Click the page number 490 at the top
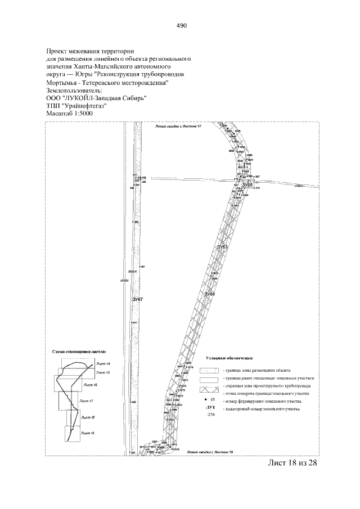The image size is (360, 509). point(181,26)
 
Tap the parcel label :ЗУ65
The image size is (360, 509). point(247,184)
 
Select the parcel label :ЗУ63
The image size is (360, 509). point(223,247)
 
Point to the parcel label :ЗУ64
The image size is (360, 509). point(209,294)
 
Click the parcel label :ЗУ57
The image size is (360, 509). point(137,299)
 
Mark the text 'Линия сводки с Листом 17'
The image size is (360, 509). point(178,128)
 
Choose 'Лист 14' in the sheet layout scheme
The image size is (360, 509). point(103,364)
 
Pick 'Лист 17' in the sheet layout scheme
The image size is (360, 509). point(87,400)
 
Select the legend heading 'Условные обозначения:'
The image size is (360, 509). point(229,358)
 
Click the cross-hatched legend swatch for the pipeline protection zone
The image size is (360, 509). point(209,388)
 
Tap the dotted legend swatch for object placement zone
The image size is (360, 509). point(209,371)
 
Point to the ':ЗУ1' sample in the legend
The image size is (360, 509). point(211,406)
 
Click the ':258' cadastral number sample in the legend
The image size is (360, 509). point(211,414)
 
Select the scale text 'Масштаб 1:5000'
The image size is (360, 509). point(69,114)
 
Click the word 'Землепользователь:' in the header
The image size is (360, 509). point(74,90)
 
